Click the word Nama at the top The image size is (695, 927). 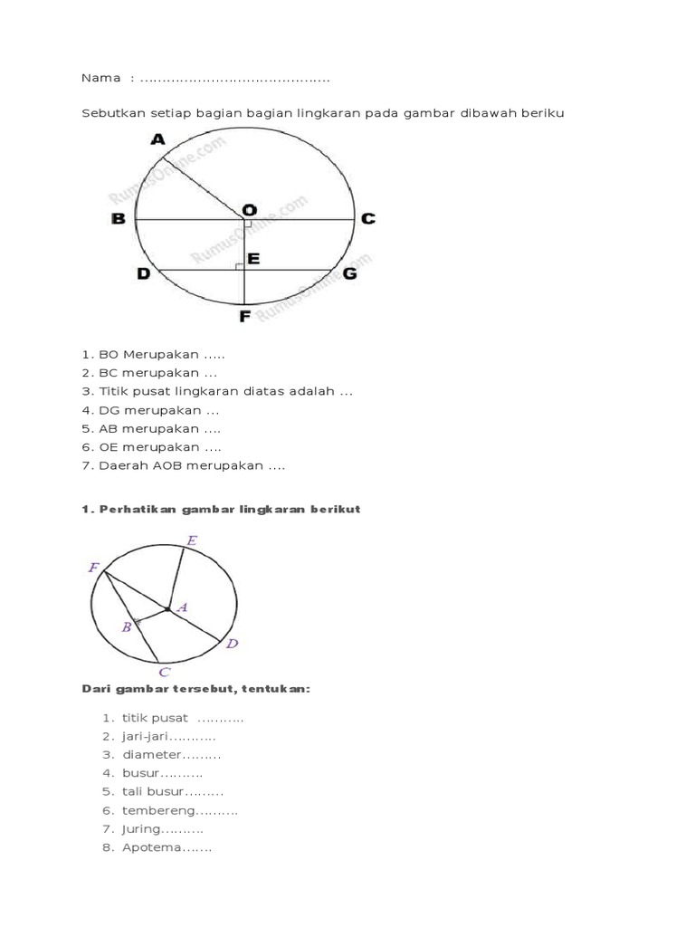100,78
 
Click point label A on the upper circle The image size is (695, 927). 158,139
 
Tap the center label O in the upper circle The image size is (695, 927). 249,208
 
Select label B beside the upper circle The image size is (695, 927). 118,219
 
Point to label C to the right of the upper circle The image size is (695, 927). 367,219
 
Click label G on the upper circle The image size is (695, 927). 349,272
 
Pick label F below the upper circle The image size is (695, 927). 244,317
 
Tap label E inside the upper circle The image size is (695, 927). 253,260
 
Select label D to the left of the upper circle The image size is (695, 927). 143,272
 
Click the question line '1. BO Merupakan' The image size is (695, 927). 153,354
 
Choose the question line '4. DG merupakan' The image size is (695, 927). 150,410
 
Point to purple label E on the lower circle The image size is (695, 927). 191,540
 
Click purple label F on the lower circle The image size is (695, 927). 93,568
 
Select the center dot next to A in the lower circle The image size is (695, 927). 168,609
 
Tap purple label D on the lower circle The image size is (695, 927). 232,644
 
